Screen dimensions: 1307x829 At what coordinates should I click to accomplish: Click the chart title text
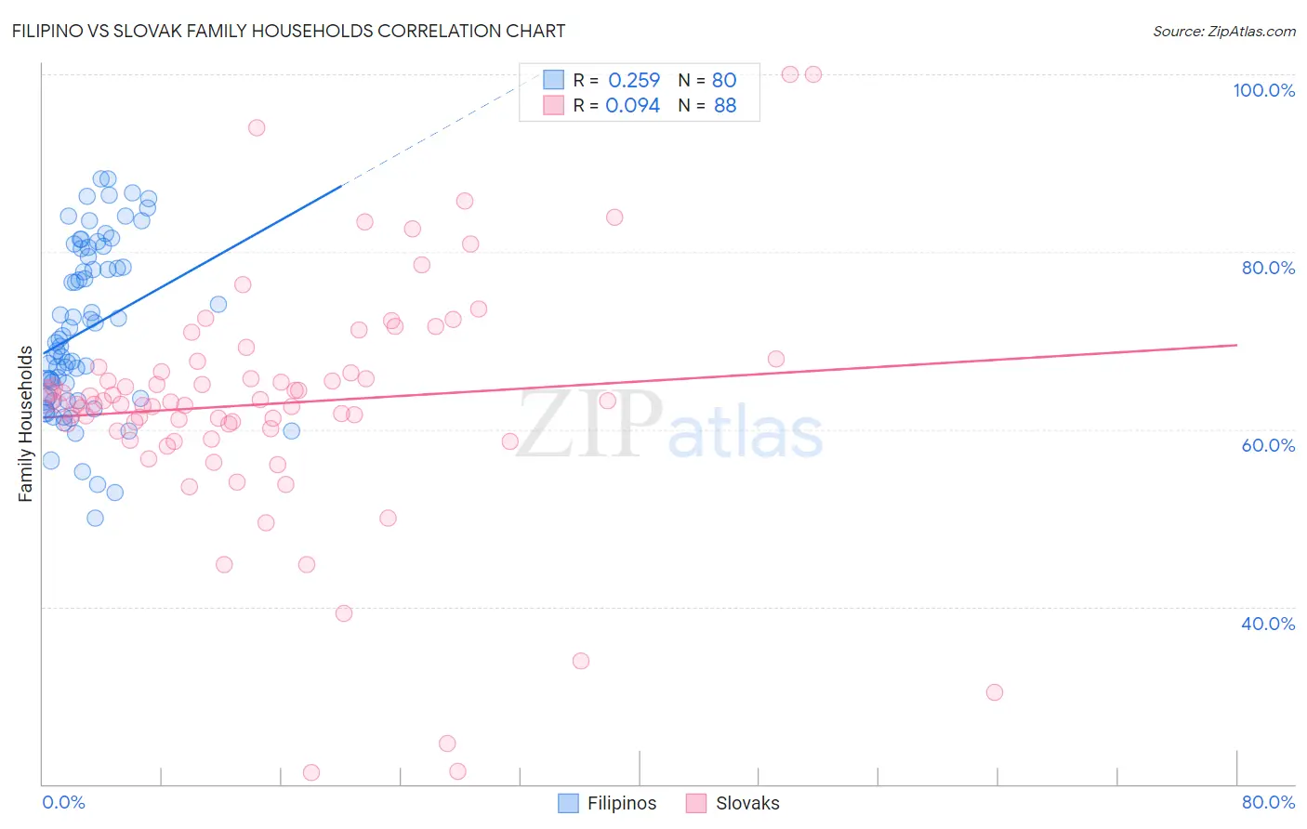coord(288,31)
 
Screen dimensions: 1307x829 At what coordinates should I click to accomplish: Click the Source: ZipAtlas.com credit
coord(1224,32)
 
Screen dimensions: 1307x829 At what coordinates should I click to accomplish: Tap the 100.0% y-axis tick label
coord(1264,90)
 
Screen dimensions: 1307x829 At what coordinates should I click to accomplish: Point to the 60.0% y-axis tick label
coord(1268,446)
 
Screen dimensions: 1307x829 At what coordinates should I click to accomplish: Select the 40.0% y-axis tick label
coord(1268,624)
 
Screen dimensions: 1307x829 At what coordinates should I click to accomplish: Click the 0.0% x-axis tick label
coord(63,802)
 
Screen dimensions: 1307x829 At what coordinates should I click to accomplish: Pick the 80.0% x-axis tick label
coord(1268,802)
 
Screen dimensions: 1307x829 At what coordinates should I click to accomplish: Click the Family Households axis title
coord(25,424)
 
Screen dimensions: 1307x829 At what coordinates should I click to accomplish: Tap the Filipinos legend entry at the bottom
coord(607,803)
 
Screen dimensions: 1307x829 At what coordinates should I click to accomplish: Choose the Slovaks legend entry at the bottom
coord(733,803)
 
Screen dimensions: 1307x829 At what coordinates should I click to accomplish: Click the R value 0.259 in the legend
coord(634,80)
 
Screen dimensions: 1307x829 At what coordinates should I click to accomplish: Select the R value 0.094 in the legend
coord(632,106)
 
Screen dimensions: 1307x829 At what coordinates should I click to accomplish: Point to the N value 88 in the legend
coord(725,106)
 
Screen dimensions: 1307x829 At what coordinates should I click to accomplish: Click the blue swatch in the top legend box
coord(553,80)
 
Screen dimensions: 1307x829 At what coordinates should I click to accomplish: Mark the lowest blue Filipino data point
coord(95,518)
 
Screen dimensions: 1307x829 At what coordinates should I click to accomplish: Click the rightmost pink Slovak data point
coord(995,692)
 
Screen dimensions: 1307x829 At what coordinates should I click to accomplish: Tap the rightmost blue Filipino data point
coord(292,431)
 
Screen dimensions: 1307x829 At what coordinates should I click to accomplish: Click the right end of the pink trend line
coord(1237,346)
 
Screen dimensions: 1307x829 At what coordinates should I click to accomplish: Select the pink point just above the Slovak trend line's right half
coord(776,359)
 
